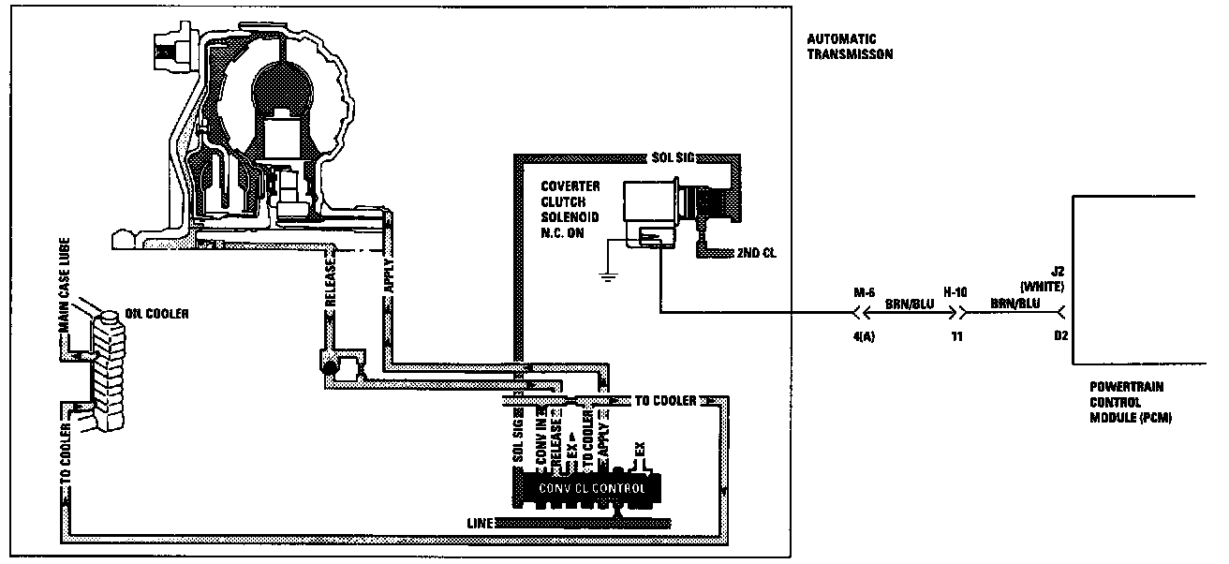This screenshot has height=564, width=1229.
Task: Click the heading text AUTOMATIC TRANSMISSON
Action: [849, 47]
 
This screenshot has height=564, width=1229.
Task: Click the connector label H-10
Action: [955, 292]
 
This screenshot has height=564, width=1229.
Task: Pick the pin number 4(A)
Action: [862, 335]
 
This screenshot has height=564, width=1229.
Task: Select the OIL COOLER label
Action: [156, 313]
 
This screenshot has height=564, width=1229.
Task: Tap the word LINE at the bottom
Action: [478, 521]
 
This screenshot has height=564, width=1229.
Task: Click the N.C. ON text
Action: [564, 232]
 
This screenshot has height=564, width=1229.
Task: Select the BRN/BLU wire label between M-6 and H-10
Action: [907, 305]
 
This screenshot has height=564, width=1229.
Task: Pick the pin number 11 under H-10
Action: [955, 335]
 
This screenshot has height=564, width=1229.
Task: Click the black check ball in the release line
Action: [329, 368]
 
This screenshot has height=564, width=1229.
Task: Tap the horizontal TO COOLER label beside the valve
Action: [666, 401]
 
